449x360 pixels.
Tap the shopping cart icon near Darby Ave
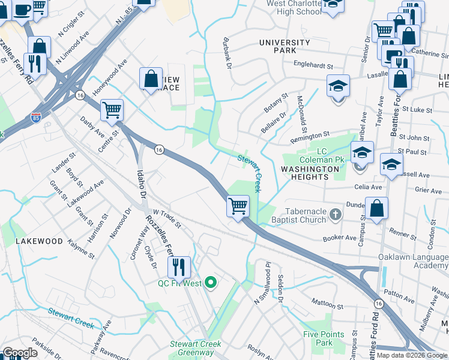[x=112, y=110]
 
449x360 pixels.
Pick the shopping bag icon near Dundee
[x=376, y=210]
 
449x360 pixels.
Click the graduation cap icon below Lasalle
[x=339, y=86]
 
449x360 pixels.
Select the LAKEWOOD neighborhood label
[x=39, y=241]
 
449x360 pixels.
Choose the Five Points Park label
[x=324, y=338]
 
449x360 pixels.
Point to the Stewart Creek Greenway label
[x=196, y=348]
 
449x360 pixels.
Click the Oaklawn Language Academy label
[x=413, y=261]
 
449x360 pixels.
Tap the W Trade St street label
[x=167, y=218]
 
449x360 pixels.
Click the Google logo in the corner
[x=20, y=353]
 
